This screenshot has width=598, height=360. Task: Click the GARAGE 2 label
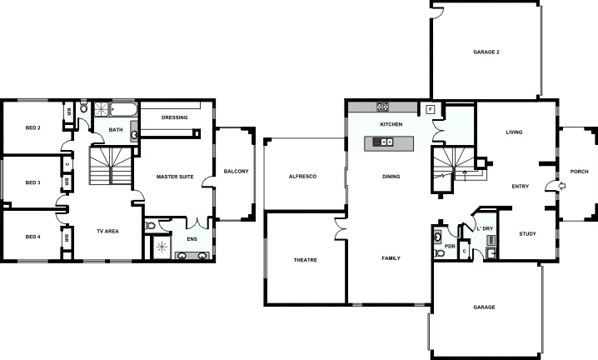[x=486, y=52]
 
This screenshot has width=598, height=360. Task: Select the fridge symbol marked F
[x=430, y=109]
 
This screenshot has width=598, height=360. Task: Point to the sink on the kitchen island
[x=386, y=142]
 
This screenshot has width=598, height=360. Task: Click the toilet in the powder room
[x=439, y=237]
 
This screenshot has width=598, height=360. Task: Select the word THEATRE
[x=306, y=260]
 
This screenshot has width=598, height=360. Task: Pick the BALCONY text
[x=236, y=172]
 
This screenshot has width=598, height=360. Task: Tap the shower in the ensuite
[x=162, y=246]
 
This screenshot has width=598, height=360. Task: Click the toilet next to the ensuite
[x=151, y=225]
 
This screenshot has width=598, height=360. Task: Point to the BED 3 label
[x=32, y=182]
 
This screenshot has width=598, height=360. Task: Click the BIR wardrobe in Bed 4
[x=66, y=237]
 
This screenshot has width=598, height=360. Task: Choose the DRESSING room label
[x=174, y=117]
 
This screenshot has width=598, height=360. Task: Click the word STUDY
[x=527, y=234]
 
